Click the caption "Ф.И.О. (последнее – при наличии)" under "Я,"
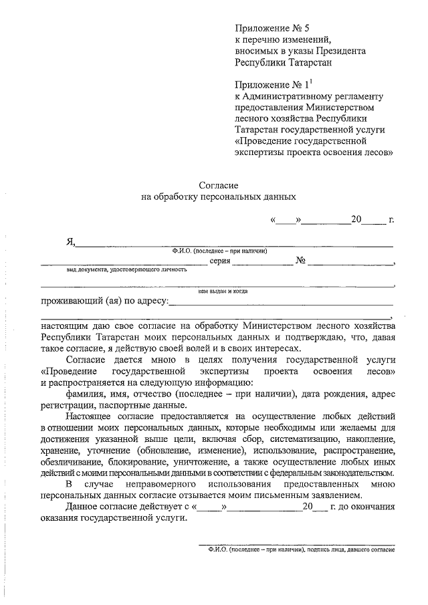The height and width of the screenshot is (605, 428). coord(219,251)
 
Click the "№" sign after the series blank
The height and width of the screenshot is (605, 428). coord(301,261)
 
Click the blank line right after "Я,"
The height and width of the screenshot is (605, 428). coord(234,245)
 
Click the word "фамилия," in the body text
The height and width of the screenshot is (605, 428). coord(86,394)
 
